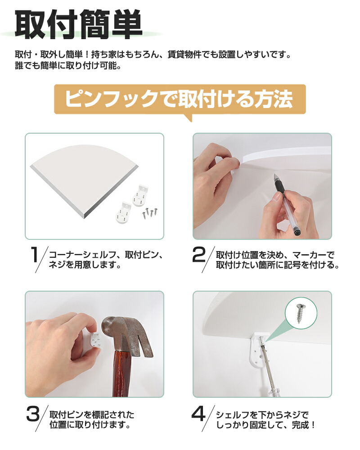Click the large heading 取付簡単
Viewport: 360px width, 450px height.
point(78,24)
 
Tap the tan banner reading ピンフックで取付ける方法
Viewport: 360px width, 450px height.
point(180,99)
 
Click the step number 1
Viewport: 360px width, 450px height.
point(35,255)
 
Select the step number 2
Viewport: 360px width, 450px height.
point(199,255)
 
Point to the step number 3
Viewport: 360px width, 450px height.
point(33,414)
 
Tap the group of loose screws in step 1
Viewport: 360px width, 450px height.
point(150,213)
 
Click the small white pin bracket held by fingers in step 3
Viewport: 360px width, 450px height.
point(95,339)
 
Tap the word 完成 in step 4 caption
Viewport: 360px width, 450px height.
point(300,425)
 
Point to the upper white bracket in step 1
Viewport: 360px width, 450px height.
point(140,195)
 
